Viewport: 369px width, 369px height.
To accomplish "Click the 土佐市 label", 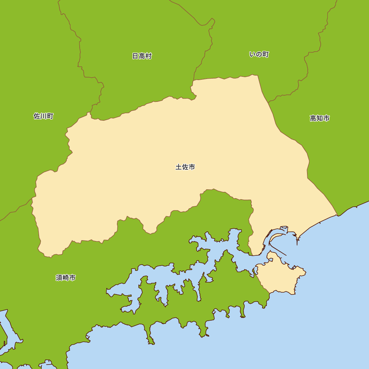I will point(185,167).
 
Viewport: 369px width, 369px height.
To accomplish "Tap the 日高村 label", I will point(142,56).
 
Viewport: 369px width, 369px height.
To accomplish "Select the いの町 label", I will point(259,55).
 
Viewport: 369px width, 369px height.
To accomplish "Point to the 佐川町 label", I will point(44,116).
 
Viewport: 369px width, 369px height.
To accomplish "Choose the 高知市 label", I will point(320,118).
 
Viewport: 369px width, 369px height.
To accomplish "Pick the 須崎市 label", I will point(66,278).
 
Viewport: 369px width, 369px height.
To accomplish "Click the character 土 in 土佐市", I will point(179,167).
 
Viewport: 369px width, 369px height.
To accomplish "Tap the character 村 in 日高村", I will point(149,56).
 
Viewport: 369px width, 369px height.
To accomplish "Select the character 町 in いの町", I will point(266,55).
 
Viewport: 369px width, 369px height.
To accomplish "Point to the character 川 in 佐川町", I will point(44,116).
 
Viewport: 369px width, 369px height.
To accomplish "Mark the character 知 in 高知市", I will point(320,118).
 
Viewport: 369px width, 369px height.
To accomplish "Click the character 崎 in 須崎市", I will point(66,278).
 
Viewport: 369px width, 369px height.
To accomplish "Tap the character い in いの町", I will point(252,55).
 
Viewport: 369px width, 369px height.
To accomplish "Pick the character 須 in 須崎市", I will point(59,278).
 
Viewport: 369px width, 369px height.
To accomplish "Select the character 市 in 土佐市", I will point(192,167).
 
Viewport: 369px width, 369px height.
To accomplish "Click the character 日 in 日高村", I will point(135,56).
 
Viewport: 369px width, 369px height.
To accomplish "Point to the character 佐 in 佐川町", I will point(37,116).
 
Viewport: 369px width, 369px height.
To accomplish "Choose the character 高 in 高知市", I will point(313,118).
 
